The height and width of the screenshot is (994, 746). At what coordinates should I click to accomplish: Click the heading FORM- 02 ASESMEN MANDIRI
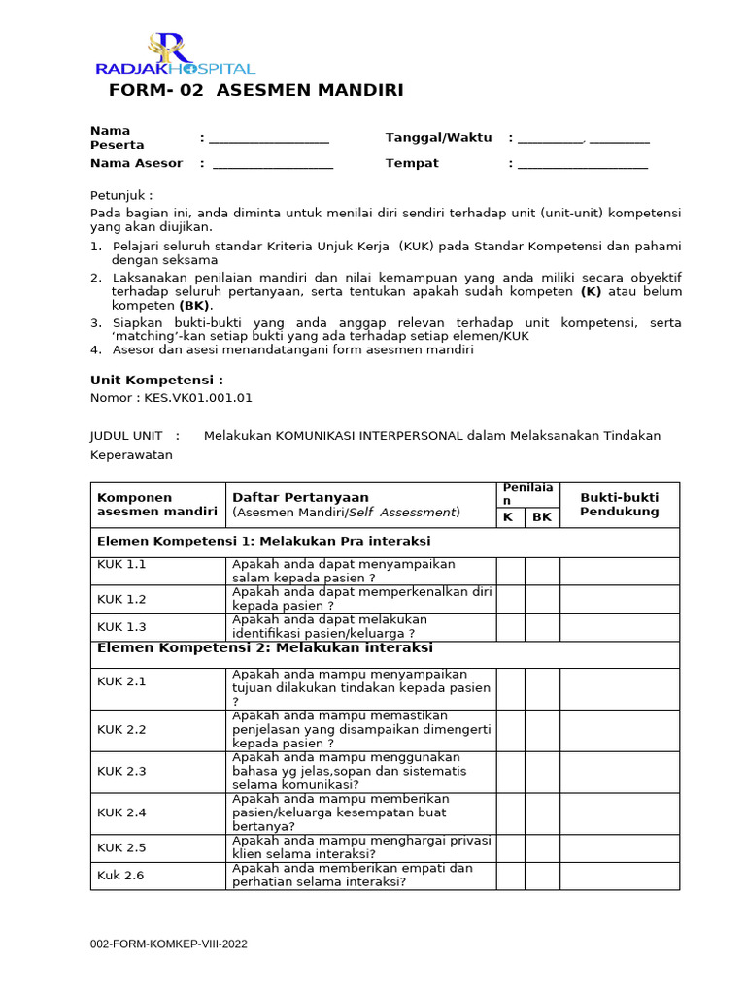[x=256, y=91]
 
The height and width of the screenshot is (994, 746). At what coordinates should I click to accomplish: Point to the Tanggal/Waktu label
[x=438, y=138]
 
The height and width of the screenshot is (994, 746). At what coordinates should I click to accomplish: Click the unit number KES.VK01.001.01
[x=198, y=398]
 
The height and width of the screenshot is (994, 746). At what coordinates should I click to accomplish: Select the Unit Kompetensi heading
[x=156, y=380]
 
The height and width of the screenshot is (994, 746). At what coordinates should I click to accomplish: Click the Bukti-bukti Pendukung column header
[x=619, y=505]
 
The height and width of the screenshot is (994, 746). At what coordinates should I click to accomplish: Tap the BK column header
[x=542, y=517]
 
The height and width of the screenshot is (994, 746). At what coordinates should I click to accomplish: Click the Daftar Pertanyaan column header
[x=300, y=498]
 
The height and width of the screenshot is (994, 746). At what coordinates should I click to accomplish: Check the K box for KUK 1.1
[x=510, y=572]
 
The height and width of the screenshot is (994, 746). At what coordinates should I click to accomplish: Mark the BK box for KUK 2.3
[x=542, y=772]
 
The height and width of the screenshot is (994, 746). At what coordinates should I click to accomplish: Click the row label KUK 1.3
[x=121, y=627]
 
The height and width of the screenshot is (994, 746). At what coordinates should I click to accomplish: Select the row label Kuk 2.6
[x=120, y=875]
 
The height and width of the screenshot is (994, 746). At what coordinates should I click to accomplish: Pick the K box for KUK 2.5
[x=510, y=847]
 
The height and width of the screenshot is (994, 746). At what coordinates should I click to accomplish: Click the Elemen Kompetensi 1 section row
[x=262, y=541]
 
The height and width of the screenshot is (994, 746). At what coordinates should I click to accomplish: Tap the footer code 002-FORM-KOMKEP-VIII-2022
[x=169, y=944]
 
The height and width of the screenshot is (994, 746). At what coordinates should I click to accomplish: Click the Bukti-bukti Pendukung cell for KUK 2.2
[x=619, y=730]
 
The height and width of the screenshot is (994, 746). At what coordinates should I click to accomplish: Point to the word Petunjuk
[x=120, y=194]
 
